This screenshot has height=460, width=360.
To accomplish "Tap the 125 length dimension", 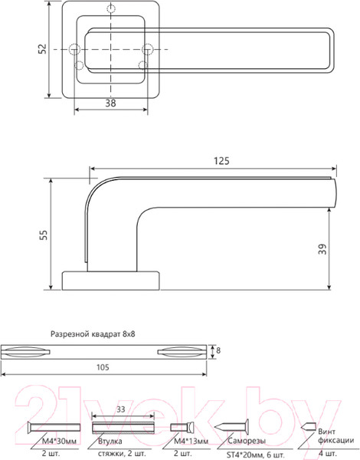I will point(221,161).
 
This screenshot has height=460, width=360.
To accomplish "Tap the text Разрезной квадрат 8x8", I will point(97,334).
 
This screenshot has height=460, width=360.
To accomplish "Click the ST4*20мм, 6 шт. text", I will point(250,455).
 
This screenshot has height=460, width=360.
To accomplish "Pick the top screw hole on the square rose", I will point(113,10).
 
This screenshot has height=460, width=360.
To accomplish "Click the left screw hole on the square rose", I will point(75,50).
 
